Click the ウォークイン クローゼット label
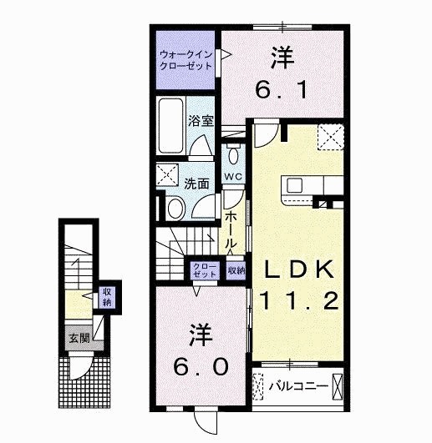pos(186,60)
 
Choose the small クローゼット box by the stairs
pos(205,269)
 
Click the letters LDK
pos(301,269)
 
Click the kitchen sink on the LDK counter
pos(297,185)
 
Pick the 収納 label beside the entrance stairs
pos(107,296)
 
